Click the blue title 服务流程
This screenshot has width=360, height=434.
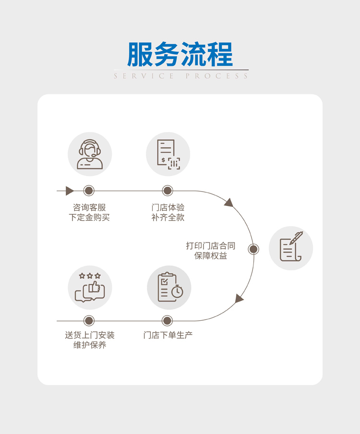click(x=180, y=54)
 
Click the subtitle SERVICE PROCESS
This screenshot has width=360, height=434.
click(x=181, y=76)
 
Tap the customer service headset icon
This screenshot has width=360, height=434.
click(x=90, y=155)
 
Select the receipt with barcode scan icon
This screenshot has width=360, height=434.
click(x=168, y=155)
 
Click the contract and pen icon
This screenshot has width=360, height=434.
click(x=291, y=248)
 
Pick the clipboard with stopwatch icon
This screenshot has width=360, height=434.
click(x=169, y=287)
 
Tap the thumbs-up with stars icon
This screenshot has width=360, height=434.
click(x=90, y=287)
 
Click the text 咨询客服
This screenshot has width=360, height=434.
click(x=89, y=207)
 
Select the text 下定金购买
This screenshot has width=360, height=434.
click(x=89, y=217)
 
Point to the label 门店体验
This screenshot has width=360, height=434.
click(x=168, y=207)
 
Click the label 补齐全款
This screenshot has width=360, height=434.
click(x=168, y=217)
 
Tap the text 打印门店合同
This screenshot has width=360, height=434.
click(x=211, y=246)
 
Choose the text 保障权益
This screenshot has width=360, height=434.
click(x=211, y=256)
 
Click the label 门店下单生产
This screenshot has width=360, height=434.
click(x=168, y=335)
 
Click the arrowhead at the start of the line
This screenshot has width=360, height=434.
click(x=70, y=191)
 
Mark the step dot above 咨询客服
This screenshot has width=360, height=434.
click(x=89, y=191)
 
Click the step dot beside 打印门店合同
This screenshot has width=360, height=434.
click(x=253, y=249)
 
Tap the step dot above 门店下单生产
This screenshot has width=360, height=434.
click(x=167, y=321)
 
